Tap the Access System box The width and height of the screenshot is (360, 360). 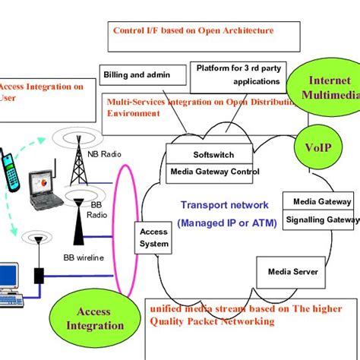tap(153, 238)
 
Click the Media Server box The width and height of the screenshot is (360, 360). tap(292, 271)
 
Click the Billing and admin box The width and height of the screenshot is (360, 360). tap(142, 75)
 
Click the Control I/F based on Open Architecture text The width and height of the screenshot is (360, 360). tap(193, 31)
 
